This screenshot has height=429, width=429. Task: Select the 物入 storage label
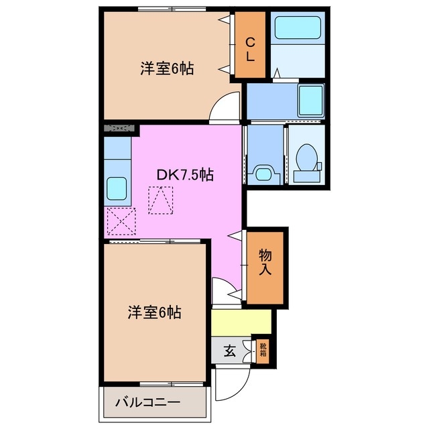coord(265,262)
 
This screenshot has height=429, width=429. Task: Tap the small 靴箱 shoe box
coord(263,350)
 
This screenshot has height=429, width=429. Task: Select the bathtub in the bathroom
coord(298,30)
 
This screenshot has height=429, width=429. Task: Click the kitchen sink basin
coord(117,188)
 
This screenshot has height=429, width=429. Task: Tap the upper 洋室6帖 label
coord(167,68)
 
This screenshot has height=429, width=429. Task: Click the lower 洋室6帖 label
coord(155,312)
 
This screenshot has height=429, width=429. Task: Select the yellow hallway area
coord(241,322)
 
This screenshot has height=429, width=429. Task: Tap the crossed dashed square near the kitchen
coord(121,222)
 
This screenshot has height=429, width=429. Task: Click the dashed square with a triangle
coord(161,200)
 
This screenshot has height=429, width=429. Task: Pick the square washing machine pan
coord(310,101)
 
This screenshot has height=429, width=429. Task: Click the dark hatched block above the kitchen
coord(119,127)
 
